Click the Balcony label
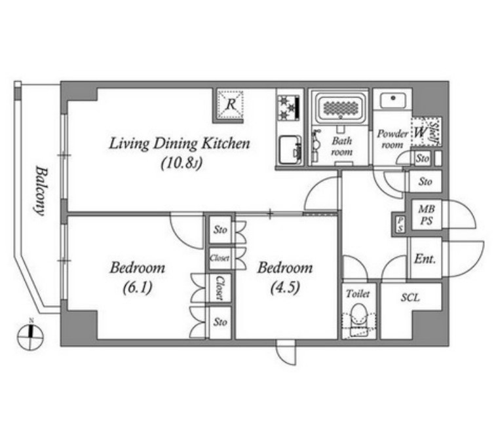[x=40, y=191]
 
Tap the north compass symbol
[x=30, y=335]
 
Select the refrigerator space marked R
[x=230, y=104]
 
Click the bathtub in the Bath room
[x=340, y=107]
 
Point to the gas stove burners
[x=289, y=107]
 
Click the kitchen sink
[x=290, y=149]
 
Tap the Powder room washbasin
[x=393, y=101]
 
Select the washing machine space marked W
[x=420, y=132]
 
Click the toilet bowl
[x=358, y=316]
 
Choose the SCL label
[x=410, y=297]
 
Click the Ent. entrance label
[x=425, y=259]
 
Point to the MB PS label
[x=427, y=215]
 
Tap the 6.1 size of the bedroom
[x=138, y=287]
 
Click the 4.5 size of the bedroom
[x=285, y=287]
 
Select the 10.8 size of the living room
[x=181, y=164]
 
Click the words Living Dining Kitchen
[x=180, y=144]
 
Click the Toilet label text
[x=358, y=294]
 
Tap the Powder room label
[x=392, y=139]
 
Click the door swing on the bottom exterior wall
[x=286, y=353]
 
